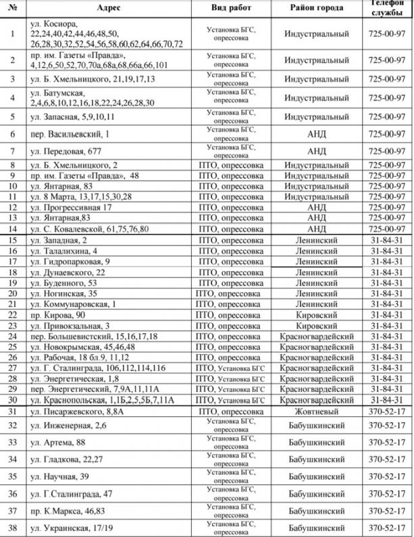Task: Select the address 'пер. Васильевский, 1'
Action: (x=70, y=134)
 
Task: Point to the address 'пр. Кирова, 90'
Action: (x=58, y=315)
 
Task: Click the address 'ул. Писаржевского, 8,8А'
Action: (x=77, y=412)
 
